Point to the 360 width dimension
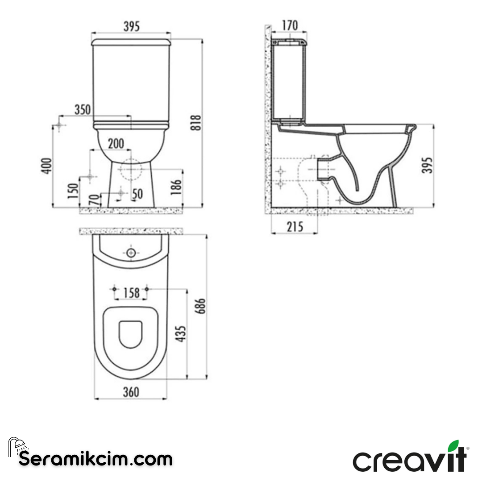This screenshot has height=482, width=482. pos(131,392)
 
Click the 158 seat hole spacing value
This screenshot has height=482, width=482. pos(131,293)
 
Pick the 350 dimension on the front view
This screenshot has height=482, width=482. pos(83,109)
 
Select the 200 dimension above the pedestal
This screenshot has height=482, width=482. pos(116,143)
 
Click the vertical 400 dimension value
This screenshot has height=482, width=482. pos(48,166)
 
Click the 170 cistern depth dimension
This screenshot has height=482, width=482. pos(290,25)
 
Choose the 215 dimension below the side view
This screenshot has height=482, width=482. pos(295,227)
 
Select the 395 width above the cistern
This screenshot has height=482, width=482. pos(131,26)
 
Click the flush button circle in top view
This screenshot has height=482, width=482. pos(131,253)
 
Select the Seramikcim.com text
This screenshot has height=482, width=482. pos(96,458)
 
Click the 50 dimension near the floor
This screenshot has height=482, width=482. pos(137,194)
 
